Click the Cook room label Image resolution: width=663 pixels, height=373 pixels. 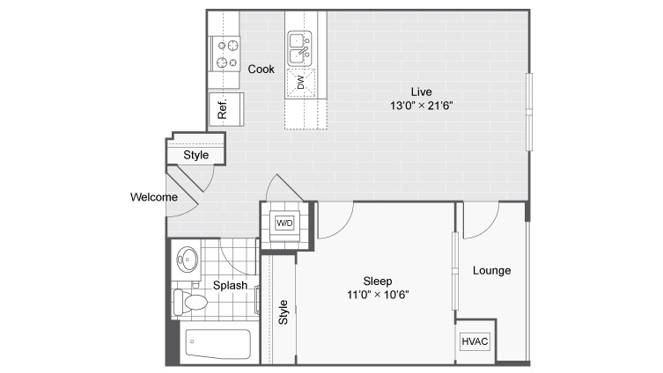(261, 69)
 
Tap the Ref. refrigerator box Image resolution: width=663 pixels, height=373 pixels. (226, 109)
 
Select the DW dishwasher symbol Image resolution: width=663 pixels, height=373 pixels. (301, 83)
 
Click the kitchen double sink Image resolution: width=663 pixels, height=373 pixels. (299, 48)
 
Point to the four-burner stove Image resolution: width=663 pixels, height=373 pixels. (225, 54)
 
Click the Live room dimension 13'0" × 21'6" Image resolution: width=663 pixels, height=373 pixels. (421, 106)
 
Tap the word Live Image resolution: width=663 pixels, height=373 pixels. (422, 91)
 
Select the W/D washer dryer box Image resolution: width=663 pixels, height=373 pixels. (284, 223)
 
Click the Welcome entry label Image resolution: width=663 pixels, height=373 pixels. (154, 197)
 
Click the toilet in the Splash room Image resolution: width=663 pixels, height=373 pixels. (190, 301)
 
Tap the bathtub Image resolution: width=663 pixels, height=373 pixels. (217, 343)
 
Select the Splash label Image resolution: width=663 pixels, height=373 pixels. (230, 286)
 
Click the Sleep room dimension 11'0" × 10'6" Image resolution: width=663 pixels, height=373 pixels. (378, 295)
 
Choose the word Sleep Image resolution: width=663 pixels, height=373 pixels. (378, 281)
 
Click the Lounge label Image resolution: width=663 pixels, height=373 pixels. (492, 270)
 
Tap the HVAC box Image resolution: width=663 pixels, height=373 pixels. (475, 341)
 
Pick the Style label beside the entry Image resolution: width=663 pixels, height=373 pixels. (196, 155)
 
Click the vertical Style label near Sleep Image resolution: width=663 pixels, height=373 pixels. (283, 312)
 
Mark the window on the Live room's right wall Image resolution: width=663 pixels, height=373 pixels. (529, 112)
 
